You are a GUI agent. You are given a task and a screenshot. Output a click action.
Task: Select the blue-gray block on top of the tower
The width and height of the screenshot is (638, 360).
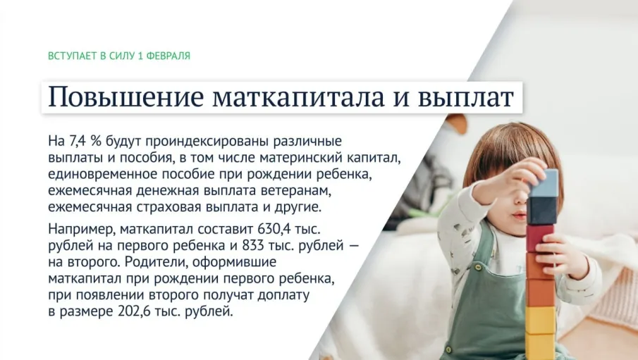coord(544,183)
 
